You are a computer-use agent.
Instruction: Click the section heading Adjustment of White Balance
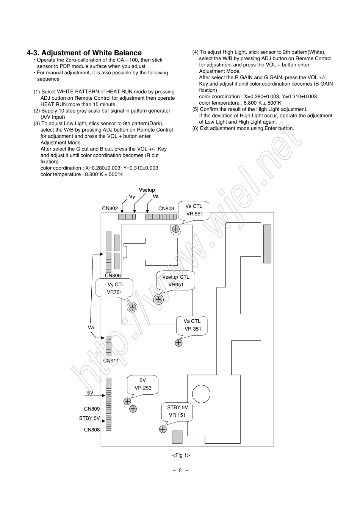84,53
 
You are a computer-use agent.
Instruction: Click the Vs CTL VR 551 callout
194,210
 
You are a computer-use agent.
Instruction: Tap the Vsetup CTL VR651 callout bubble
176,281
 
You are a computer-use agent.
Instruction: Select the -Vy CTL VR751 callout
114,288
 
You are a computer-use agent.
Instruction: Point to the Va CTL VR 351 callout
193,325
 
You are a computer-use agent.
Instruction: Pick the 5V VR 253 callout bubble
142,384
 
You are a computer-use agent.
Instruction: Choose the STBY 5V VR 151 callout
177,411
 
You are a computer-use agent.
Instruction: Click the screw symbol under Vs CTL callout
176,229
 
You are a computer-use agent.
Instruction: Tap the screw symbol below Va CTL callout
178,343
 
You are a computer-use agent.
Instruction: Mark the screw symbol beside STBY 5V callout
163,429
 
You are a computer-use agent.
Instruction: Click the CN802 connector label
110,209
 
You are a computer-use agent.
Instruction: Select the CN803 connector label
166,209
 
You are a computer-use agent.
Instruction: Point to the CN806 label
113,276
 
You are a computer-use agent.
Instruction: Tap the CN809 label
92,409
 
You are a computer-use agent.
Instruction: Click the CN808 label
92,430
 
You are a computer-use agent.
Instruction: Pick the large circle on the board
201,394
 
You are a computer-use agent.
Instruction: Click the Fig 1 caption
181,455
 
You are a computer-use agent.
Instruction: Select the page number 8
180,471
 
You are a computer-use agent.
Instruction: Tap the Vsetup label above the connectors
147,190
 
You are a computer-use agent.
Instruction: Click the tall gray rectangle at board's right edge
267,244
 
